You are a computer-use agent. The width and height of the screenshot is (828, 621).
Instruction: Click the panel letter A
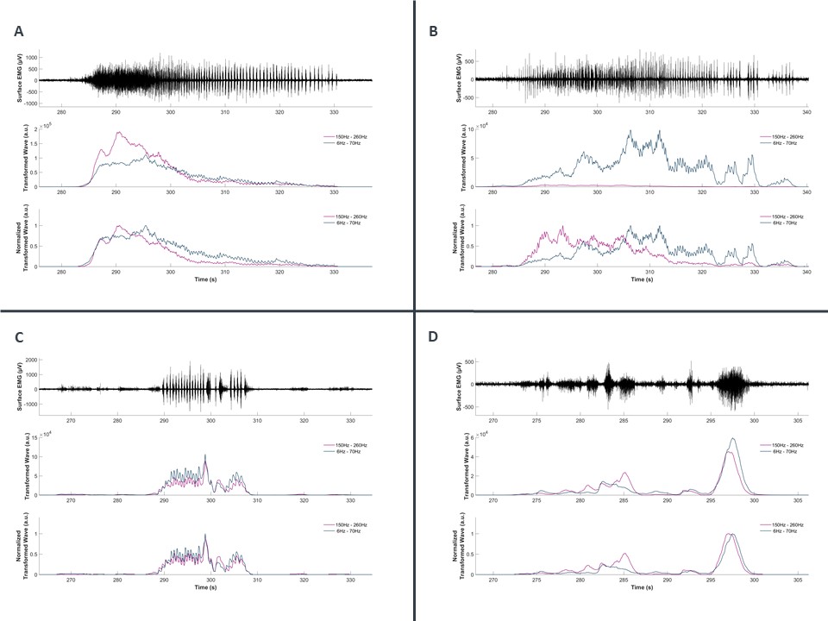tap(19, 32)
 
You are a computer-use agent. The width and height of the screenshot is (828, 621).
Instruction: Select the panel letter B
tap(434, 32)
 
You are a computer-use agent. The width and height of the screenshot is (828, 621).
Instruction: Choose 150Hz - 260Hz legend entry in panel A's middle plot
tap(340, 136)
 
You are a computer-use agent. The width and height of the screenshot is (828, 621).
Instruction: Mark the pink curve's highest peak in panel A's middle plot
tap(118, 132)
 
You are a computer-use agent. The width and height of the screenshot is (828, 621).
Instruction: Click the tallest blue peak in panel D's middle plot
tap(733, 438)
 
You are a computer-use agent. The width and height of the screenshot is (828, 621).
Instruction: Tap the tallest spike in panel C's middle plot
tap(205, 455)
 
